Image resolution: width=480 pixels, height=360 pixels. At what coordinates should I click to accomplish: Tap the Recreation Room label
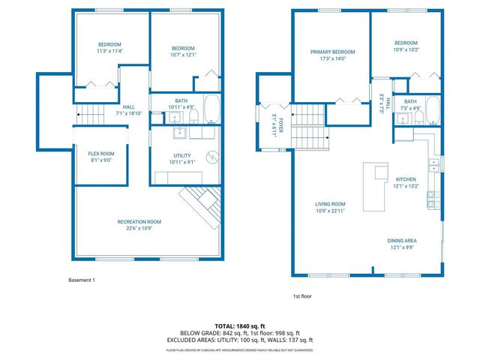(139, 221)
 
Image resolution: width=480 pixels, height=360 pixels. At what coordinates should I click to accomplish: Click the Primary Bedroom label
(333, 52)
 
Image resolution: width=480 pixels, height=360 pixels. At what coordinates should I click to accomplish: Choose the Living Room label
(330, 204)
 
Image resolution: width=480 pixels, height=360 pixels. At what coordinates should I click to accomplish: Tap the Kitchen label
(406, 179)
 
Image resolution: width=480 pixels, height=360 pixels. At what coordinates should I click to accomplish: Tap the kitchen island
(374, 186)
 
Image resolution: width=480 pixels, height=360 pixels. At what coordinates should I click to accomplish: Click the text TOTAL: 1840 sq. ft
(239, 325)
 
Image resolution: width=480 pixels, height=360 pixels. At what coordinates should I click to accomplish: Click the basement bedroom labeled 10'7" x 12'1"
(183, 51)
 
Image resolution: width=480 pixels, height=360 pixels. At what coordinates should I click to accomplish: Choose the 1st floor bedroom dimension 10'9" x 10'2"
(406, 49)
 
